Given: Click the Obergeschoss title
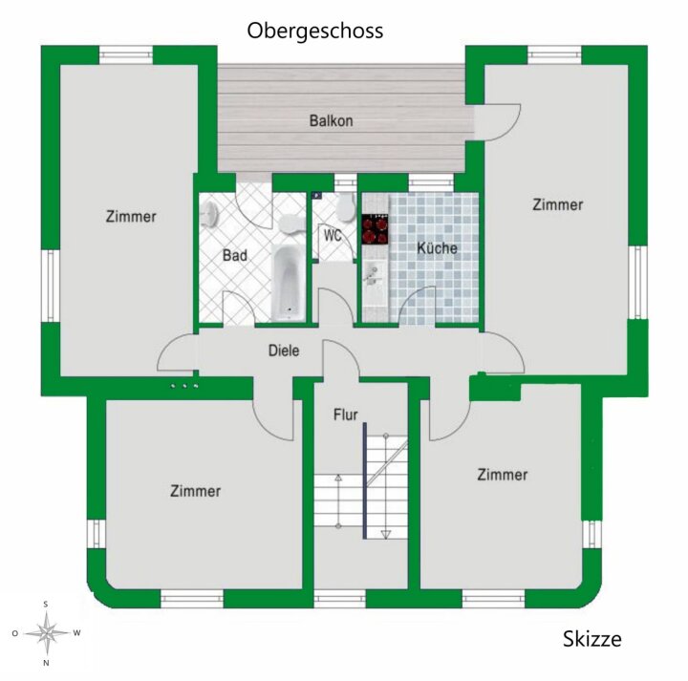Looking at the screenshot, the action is click(315, 32).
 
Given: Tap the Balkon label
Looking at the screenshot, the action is click(332, 120).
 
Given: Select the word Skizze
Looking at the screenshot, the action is click(591, 639).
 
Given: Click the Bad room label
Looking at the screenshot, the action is click(235, 255).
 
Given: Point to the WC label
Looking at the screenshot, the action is click(333, 236).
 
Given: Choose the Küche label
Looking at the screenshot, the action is click(437, 248).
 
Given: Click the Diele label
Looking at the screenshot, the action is click(284, 351).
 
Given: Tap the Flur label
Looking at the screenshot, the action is click(345, 415).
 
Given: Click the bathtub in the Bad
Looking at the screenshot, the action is click(288, 283).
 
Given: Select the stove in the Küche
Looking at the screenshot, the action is click(376, 229).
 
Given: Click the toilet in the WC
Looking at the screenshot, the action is click(346, 206).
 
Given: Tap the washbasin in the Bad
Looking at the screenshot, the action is click(210, 215).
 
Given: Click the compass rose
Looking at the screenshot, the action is click(46, 632).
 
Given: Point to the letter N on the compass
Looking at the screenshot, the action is click(46, 663).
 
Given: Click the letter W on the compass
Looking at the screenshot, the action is click(76, 632).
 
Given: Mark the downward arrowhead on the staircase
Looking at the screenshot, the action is click(386, 534).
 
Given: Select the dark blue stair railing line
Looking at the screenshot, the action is click(364, 480).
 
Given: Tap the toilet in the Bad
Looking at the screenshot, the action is click(290, 223).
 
